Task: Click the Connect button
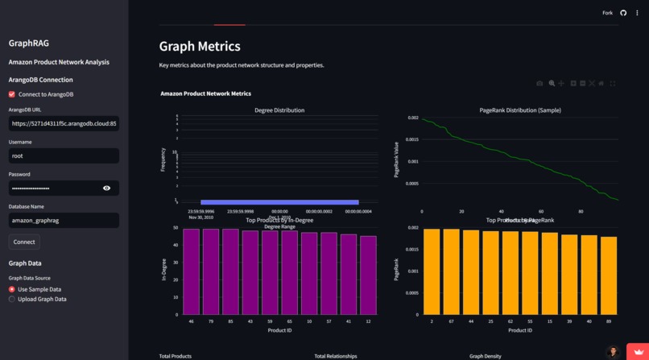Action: [x=24, y=242]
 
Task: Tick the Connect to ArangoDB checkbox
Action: [x=12, y=94]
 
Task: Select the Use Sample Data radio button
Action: [x=12, y=289]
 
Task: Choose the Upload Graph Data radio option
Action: [x=12, y=299]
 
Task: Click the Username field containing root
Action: [x=64, y=155]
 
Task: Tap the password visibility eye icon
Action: [x=106, y=188]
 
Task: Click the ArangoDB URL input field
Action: [x=64, y=123]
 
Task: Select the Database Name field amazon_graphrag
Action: [x=64, y=220]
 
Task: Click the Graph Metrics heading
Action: [x=200, y=47]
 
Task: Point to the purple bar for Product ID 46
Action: [x=191, y=271]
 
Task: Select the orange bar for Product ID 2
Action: [x=432, y=271]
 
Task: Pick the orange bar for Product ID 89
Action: [x=609, y=275]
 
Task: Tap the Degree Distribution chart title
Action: [x=275, y=110]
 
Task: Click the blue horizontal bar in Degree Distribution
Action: [x=279, y=202]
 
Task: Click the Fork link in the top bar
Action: [x=607, y=13]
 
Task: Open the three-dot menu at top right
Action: [x=637, y=13]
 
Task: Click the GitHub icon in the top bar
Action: [x=623, y=13]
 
